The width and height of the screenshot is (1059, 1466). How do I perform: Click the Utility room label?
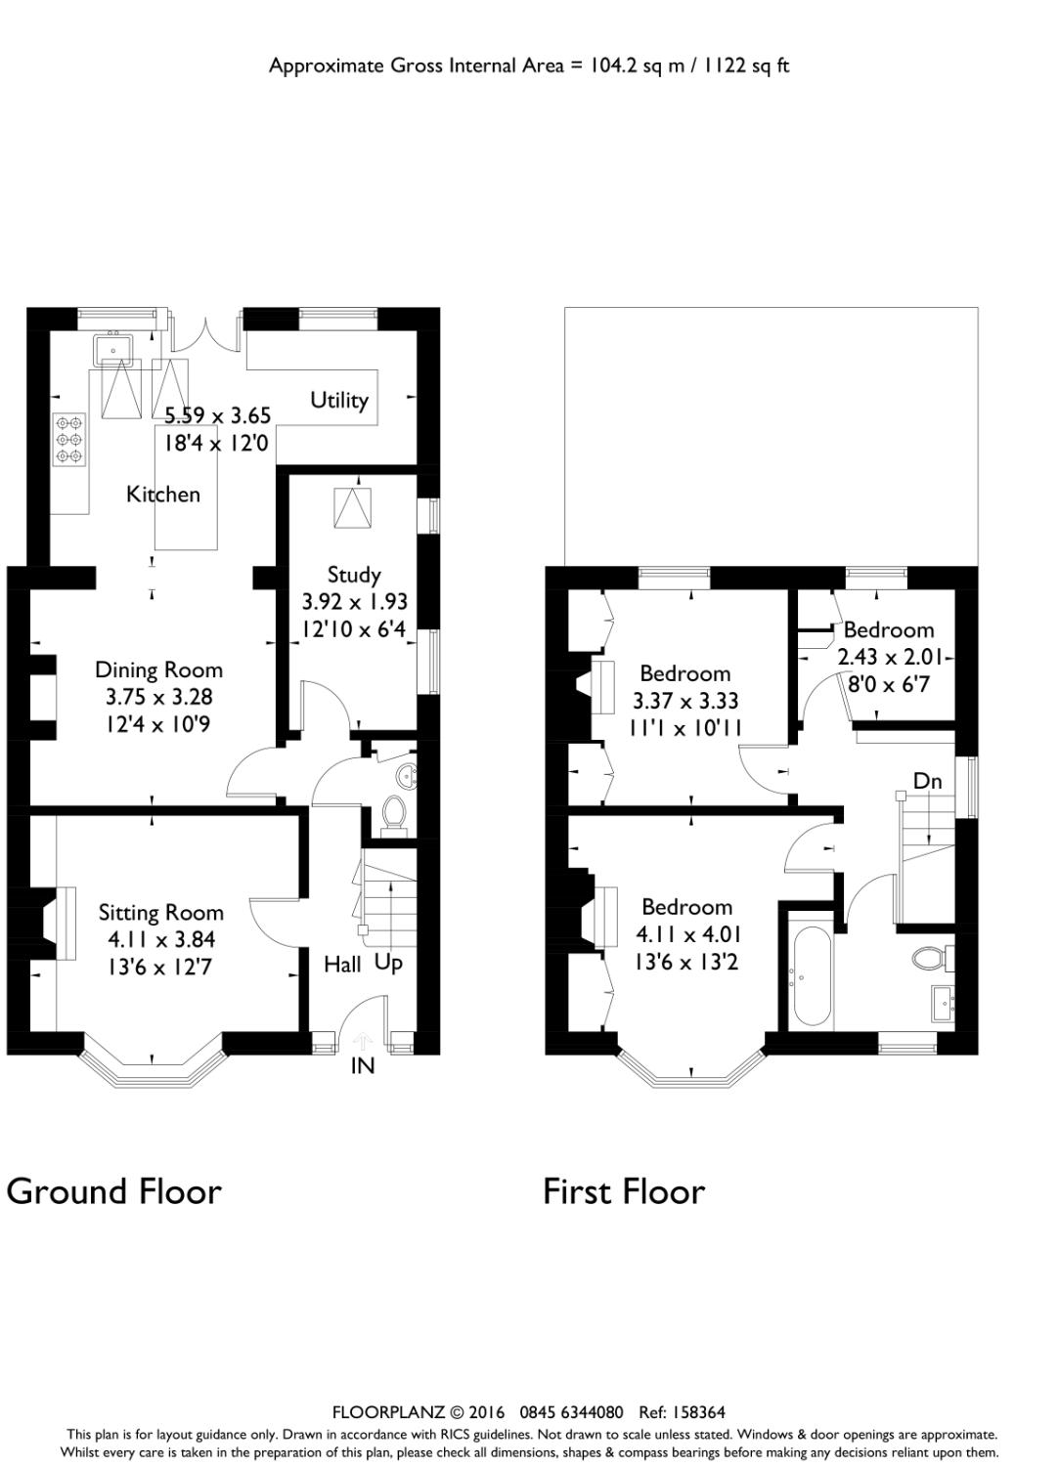[x=339, y=400]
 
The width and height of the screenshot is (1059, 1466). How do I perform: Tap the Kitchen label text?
[x=163, y=495]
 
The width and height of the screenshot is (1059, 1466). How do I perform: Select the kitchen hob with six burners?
[x=69, y=440]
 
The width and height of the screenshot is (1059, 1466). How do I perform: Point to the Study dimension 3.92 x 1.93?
[x=353, y=602]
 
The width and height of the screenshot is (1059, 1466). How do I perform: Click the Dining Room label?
[x=158, y=670]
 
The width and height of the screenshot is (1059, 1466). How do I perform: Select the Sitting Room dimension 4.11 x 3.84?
[x=161, y=940]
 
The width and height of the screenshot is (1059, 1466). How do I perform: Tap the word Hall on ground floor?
[x=342, y=965]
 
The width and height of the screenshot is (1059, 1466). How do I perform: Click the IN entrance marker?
[x=363, y=1066]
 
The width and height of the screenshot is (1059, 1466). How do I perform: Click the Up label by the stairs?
[x=388, y=963]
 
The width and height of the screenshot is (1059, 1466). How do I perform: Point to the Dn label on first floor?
[x=927, y=781]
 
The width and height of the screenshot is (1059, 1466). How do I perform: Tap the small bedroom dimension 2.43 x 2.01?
[x=890, y=658]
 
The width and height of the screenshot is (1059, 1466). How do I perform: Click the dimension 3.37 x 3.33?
[x=685, y=701]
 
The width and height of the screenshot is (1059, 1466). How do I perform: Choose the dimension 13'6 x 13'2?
[x=686, y=962]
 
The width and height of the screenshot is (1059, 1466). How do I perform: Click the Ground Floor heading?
[x=114, y=1191]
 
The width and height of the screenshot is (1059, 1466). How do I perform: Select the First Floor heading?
[x=624, y=1191]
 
